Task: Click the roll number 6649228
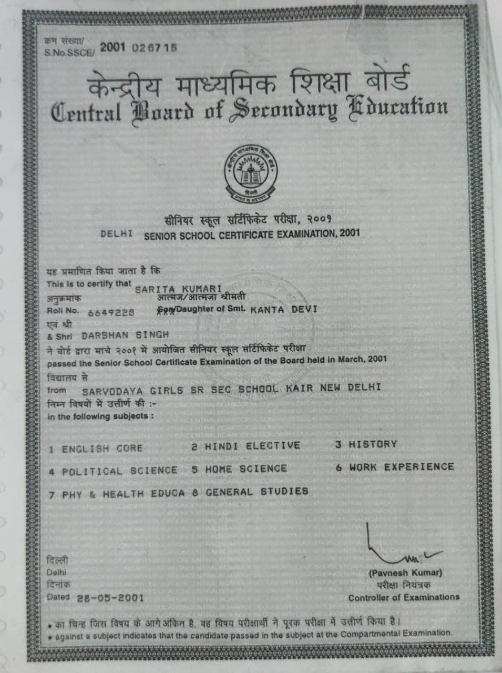111,312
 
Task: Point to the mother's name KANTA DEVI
284,309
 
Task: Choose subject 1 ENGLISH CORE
96,449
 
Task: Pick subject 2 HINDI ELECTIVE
245,446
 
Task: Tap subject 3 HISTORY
366,444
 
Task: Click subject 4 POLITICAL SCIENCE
113,471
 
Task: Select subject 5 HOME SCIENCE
239,468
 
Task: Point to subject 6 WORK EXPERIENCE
395,467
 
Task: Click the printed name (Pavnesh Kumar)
405,573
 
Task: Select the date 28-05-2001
110,598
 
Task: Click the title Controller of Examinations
404,597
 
